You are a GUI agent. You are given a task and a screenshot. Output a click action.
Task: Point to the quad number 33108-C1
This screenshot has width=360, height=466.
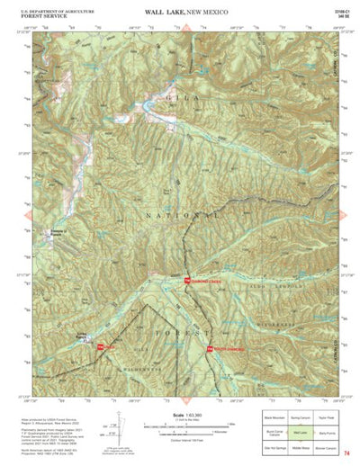(337, 9)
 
